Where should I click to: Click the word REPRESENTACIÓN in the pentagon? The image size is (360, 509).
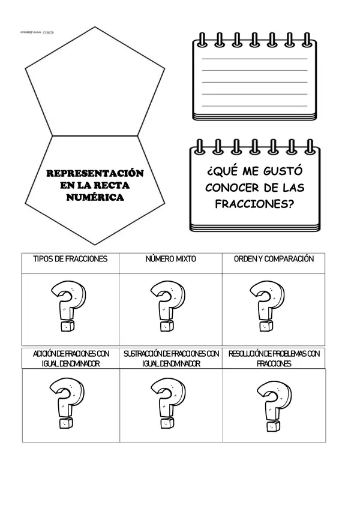(95, 173)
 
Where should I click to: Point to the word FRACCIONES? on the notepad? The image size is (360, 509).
(254, 203)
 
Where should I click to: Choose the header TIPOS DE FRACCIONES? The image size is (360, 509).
(70, 259)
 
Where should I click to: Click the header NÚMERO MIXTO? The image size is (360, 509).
(170, 259)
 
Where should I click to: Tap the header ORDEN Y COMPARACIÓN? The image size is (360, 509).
(274, 259)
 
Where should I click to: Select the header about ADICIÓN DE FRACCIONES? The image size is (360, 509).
(71, 359)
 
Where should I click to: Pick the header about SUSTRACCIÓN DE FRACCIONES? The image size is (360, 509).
(171, 359)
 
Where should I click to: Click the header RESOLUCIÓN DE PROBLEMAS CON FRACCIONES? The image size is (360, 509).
(274, 359)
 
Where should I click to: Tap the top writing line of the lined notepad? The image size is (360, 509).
(254, 59)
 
